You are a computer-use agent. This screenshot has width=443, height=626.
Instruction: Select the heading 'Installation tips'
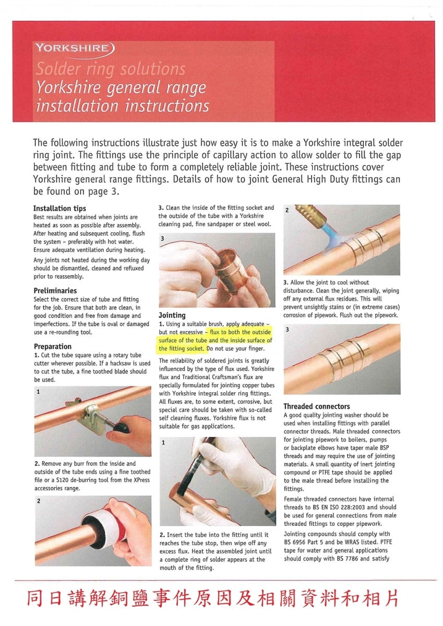click(59, 208)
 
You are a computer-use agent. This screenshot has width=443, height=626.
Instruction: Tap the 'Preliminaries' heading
click(55, 291)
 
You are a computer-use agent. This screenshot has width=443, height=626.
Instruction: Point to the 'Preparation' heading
click(53, 346)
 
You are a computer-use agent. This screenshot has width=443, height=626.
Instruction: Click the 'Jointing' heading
click(172, 315)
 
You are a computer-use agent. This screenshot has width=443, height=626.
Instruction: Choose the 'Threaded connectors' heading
click(317, 406)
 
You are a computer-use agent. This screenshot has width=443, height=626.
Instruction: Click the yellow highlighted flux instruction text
click(215, 340)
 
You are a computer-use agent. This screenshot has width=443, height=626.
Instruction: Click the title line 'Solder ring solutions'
click(110, 69)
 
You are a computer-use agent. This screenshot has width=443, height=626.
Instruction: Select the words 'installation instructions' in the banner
click(122, 106)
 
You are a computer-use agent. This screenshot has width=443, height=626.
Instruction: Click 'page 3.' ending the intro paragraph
click(105, 191)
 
